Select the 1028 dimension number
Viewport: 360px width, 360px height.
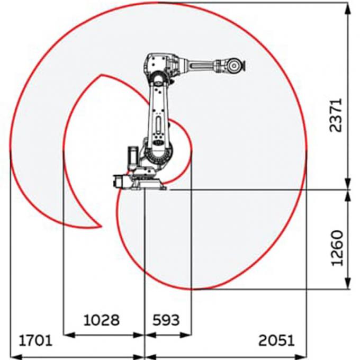pyautogui.click(x=102, y=320)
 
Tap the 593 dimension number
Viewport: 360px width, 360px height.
pyautogui.click(x=166, y=320)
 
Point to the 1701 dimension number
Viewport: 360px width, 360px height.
pyautogui.click(x=36, y=339)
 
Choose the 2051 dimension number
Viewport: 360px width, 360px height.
pyautogui.click(x=276, y=339)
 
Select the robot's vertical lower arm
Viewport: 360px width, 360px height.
pyautogui.click(x=158, y=114)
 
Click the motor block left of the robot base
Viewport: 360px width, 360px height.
pyautogui.click(x=120, y=181)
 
